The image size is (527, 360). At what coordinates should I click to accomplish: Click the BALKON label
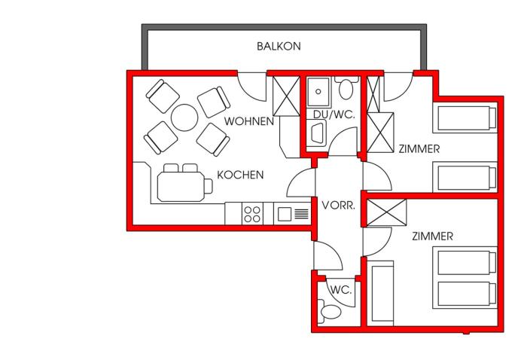[279, 46]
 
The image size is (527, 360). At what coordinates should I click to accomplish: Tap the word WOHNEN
[248, 121]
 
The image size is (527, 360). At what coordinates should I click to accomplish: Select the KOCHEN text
[240, 175]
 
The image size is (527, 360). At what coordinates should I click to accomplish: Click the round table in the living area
[185, 117]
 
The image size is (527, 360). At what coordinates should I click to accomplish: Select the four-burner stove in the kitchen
[252, 214]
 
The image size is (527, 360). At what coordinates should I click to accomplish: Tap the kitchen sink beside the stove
[285, 214]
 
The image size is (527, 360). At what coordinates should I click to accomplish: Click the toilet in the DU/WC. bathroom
[346, 89]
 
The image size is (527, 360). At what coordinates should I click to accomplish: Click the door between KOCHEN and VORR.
[300, 185]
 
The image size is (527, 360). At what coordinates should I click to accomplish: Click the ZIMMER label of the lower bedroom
[433, 236]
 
